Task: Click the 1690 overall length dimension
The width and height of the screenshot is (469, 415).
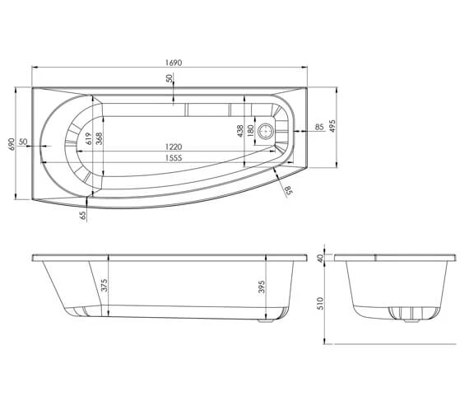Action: tap(173, 62)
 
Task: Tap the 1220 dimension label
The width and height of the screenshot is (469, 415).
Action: tap(172, 146)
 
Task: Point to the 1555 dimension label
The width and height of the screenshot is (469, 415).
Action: tap(172, 157)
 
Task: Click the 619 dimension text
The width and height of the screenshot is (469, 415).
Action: tap(86, 138)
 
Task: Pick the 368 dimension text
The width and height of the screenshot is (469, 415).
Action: tap(99, 138)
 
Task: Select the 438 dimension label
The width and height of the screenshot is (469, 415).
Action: tap(240, 130)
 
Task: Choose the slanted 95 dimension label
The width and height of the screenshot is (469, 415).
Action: tap(288, 191)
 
